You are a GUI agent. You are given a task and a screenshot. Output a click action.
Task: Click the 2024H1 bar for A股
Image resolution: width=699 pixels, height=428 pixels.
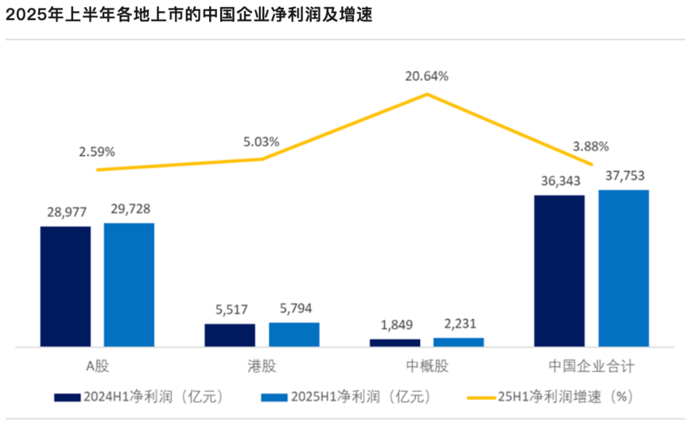click(x=65, y=286)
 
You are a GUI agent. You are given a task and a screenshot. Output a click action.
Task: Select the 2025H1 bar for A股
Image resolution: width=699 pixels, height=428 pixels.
click(x=129, y=285)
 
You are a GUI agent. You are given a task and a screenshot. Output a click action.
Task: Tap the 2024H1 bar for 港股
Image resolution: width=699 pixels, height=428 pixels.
click(x=230, y=335)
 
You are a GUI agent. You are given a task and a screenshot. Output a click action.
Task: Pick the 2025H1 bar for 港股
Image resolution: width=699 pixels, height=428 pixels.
click(x=294, y=334)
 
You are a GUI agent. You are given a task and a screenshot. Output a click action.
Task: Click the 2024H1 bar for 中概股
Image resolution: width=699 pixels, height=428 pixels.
click(x=395, y=343)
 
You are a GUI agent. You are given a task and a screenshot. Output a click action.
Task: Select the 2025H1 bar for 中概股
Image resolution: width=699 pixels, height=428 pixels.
click(x=458, y=342)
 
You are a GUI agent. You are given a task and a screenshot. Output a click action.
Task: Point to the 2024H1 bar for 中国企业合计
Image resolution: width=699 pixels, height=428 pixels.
click(x=559, y=271)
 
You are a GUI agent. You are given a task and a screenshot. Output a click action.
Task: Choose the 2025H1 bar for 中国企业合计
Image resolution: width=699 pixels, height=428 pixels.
click(x=623, y=268)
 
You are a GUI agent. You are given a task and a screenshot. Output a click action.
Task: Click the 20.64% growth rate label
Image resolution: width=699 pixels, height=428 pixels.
click(x=427, y=76)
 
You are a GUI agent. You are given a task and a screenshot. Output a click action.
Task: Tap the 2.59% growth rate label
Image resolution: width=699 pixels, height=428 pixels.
click(x=97, y=152)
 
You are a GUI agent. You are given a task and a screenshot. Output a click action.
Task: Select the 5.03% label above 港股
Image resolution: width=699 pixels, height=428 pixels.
click(x=261, y=141)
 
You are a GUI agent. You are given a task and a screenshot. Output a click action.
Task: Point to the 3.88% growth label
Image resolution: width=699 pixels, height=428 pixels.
click(x=591, y=146)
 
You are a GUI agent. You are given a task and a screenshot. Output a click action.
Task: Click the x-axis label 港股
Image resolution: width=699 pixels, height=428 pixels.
click(x=261, y=366)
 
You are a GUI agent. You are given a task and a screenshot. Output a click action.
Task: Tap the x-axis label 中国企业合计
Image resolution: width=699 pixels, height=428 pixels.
click(x=591, y=366)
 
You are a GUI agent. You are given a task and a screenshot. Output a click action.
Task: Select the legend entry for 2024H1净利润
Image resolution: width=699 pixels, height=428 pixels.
click(x=139, y=397)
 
